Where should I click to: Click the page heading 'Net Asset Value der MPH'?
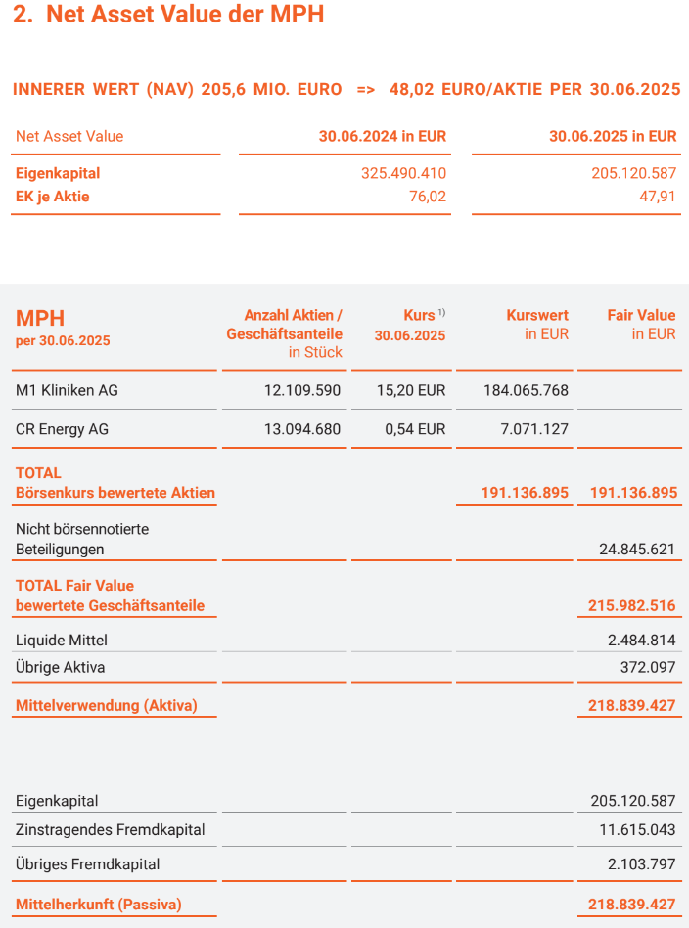coord(185,15)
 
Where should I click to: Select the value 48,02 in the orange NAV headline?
coord(411,89)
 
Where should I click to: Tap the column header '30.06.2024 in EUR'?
coord(382,136)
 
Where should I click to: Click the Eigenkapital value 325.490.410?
coord(403,173)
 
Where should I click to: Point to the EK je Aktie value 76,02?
coord(427,197)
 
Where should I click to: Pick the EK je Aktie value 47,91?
coord(657,197)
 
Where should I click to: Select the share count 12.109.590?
coord(302,390)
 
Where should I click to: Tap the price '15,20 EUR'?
coord(411,390)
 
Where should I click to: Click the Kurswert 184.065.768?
coord(526,390)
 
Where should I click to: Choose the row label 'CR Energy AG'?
coord(62,429)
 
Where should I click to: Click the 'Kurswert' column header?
coord(537,315)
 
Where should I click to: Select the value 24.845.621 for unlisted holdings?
coord(637,549)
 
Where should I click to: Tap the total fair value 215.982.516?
coord(631,605)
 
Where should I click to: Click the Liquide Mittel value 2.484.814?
coord(641,641)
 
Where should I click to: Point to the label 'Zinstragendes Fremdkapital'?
coord(111,829)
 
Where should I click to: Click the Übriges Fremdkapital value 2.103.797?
coord(641,864)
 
